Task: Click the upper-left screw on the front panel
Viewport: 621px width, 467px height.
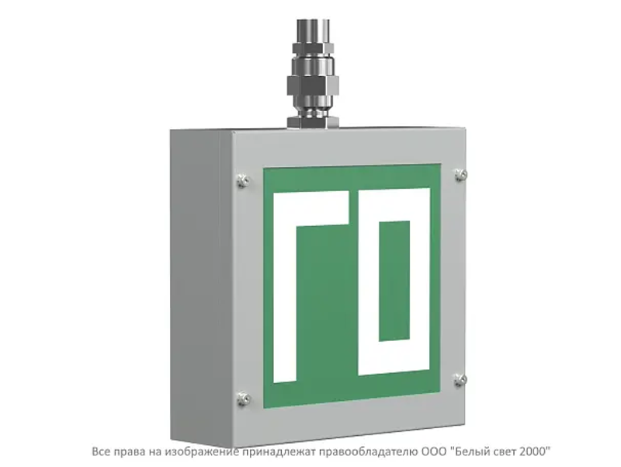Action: pyautogui.click(x=243, y=180)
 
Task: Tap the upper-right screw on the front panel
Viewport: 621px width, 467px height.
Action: pyautogui.click(x=460, y=174)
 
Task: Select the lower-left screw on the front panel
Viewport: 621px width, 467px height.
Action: pyautogui.click(x=243, y=399)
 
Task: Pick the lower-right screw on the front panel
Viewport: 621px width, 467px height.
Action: pyautogui.click(x=460, y=380)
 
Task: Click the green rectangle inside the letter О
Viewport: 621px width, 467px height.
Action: pyautogui.click(x=394, y=281)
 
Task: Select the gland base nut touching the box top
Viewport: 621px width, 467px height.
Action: pyautogui.click(x=313, y=122)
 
